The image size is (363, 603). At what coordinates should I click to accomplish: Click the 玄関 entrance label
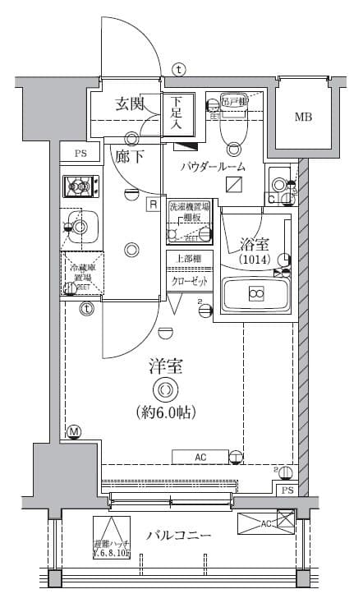(130, 104)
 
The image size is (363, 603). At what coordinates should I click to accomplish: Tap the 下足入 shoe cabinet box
(177, 113)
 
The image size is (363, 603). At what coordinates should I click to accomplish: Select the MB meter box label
(304, 117)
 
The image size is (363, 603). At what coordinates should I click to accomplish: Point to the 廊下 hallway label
(129, 157)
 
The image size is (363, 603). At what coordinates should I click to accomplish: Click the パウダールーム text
(214, 166)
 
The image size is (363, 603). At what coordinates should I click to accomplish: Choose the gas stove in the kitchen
(80, 186)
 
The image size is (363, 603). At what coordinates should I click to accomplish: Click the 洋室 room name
(166, 366)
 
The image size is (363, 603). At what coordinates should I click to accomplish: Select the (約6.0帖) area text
(166, 410)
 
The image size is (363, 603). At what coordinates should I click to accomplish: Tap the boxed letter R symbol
(153, 205)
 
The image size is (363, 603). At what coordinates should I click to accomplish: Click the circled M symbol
(74, 431)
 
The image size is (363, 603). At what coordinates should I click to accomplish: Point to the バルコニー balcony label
(179, 536)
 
